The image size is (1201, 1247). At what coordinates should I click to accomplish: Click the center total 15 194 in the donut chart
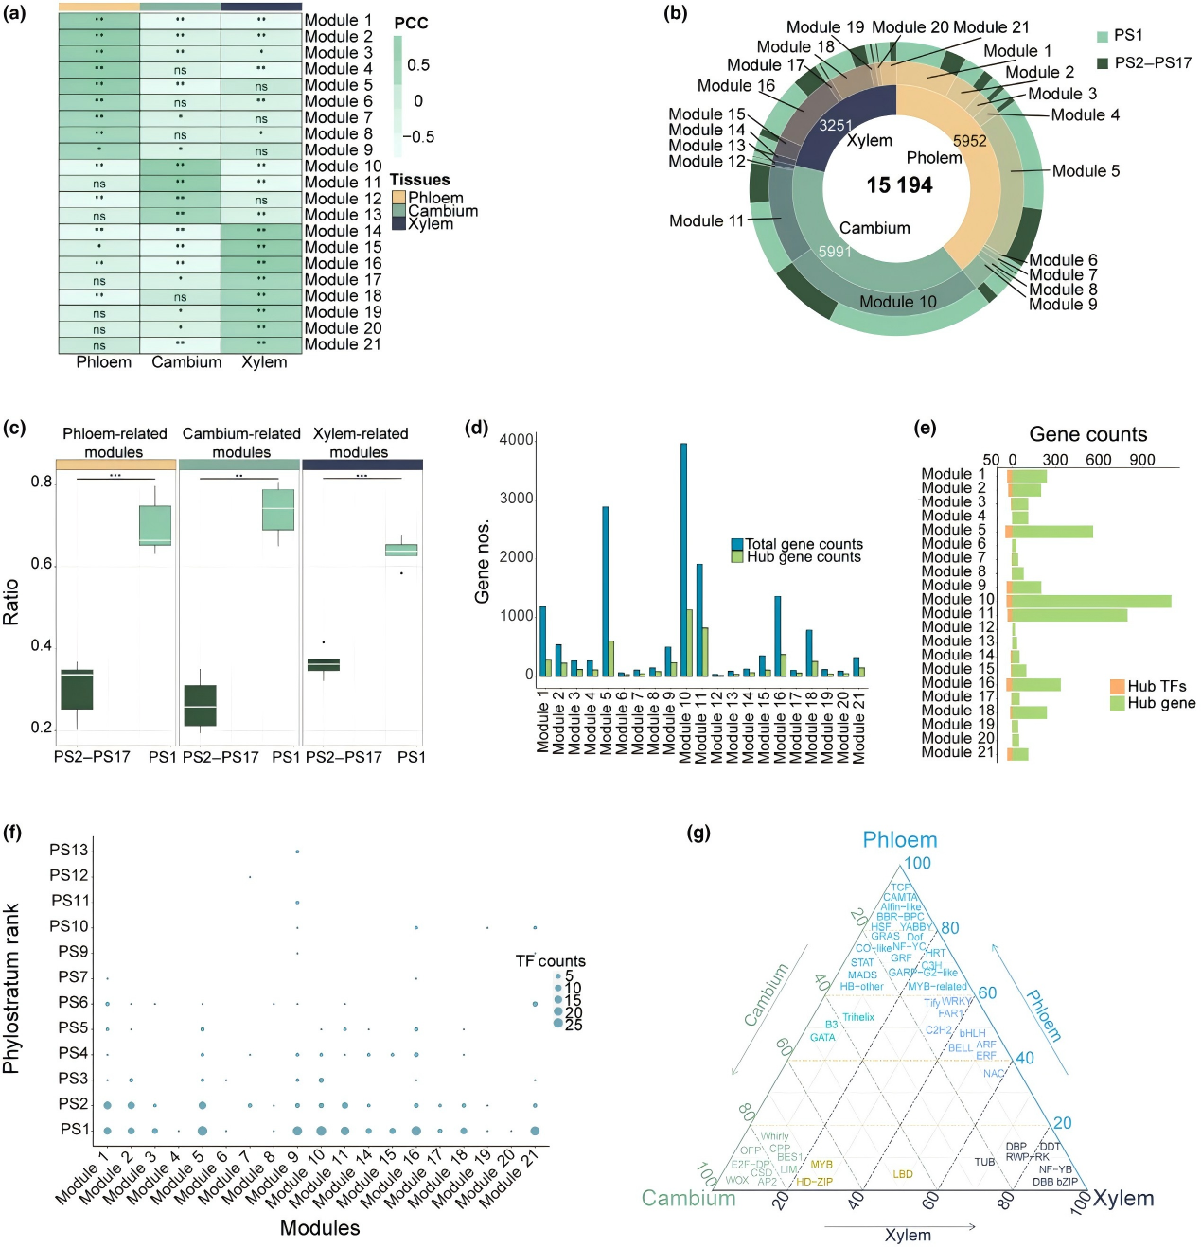[899, 185]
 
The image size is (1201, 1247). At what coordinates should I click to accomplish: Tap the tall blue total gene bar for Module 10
[683, 558]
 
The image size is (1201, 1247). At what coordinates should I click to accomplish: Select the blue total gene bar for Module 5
[605, 591]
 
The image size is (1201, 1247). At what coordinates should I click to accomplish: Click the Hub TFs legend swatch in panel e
[1117, 686]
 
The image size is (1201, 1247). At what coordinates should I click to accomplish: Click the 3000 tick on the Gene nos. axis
[517, 499]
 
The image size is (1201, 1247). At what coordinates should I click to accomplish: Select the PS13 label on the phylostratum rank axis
[69, 850]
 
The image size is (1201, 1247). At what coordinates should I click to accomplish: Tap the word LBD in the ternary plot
[903, 1174]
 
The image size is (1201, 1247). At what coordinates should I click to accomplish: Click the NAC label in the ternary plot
[993, 1073]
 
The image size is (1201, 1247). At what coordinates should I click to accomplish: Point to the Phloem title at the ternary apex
[899, 840]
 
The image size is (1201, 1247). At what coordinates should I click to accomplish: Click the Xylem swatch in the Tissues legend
[398, 224]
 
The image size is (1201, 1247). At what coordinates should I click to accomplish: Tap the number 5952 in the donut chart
[969, 141]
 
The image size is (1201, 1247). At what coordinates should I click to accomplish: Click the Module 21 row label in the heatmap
[343, 344]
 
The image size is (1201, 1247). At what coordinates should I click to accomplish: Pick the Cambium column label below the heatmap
[186, 362]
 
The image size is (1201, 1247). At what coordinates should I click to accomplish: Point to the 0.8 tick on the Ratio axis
[42, 482]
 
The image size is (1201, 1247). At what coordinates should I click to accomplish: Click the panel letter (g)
[700, 833]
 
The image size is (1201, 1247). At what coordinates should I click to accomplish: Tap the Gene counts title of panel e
[1087, 434]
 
